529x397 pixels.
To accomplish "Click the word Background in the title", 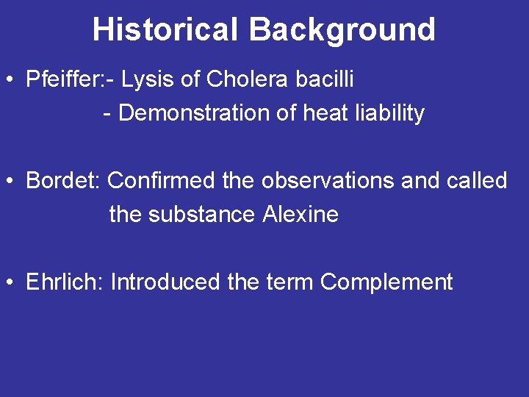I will [342, 30].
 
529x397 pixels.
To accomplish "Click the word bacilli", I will [325, 79].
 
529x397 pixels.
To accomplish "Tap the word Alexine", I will [300, 215].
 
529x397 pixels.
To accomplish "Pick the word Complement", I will [386, 282].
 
